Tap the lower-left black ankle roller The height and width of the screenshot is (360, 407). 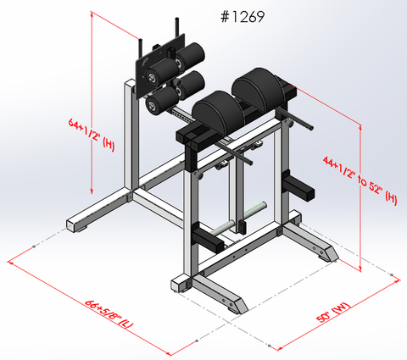[160, 102]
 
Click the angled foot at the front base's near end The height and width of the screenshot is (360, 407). [234, 306]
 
